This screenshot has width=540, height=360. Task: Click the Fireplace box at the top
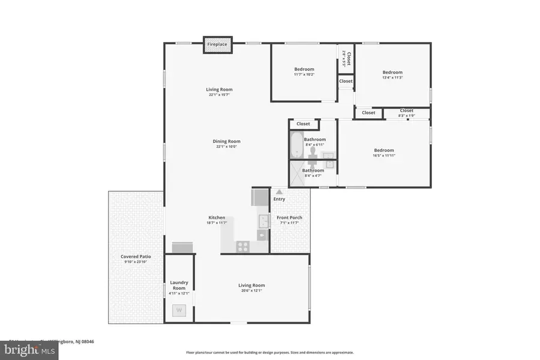pyautogui.click(x=217, y=45)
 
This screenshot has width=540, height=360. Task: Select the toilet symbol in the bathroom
pyautogui.click(x=313, y=158)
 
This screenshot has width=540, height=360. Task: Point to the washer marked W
pyautogui.click(x=179, y=310)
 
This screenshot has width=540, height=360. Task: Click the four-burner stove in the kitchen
pyautogui.click(x=243, y=245)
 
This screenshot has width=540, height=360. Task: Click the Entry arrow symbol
pyautogui.click(x=279, y=192)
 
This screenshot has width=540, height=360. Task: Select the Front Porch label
pyautogui.click(x=289, y=217)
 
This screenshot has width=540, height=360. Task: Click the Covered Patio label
pyautogui.click(x=136, y=257)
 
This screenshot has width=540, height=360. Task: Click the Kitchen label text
pyautogui.click(x=217, y=217)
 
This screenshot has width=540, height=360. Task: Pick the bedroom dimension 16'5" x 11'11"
pyautogui.click(x=384, y=155)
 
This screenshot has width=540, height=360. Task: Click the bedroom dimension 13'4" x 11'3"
pyautogui.click(x=392, y=77)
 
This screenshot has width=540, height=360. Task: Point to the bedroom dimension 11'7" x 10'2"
pyautogui.click(x=304, y=74)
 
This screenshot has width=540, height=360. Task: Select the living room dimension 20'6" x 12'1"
pyautogui.click(x=251, y=290)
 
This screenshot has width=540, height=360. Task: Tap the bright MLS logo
pyautogui.click(x=32, y=349)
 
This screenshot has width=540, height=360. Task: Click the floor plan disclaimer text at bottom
pyautogui.click(x=269, y=353)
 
